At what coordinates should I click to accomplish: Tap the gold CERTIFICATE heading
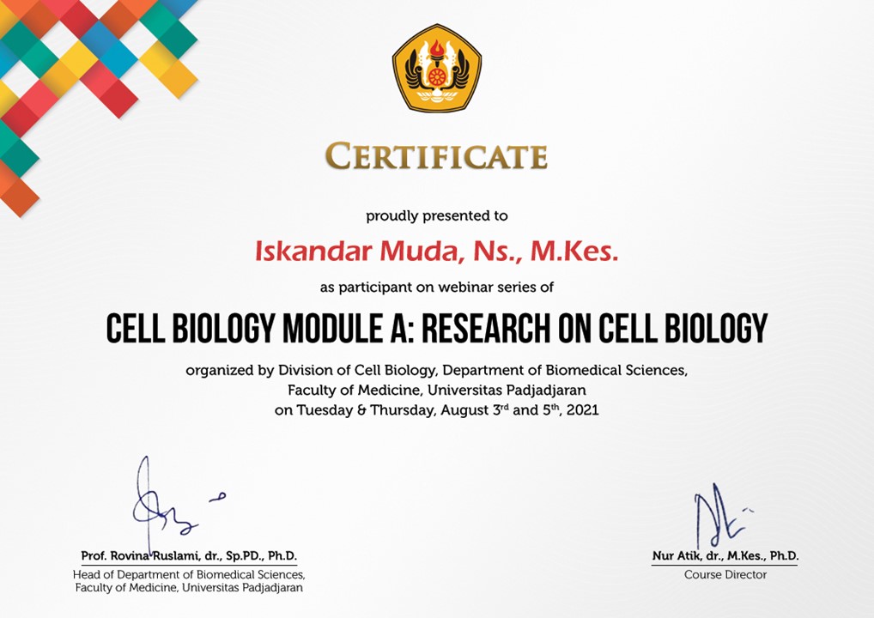tap(436, 155)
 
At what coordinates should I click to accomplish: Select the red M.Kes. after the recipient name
tap(574, 251)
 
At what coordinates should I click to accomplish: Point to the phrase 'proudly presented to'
tap(437, 216)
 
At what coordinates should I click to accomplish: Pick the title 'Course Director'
tap(725, 574)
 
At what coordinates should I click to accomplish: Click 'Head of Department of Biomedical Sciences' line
tap(189, 574)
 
